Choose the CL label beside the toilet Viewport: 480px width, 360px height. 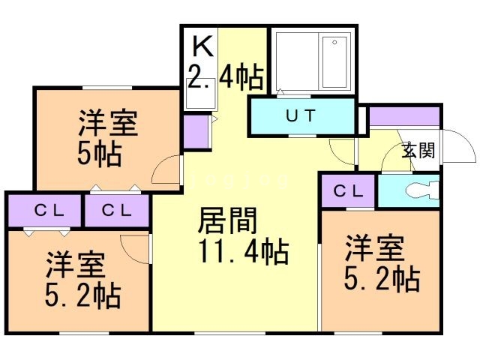[348, 190]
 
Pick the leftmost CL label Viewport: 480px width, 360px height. [45, 210]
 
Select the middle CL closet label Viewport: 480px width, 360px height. [116, 210]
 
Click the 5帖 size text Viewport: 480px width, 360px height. [100, 154]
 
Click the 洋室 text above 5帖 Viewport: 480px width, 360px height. [108, 123]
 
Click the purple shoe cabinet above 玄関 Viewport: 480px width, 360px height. [403, 118]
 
